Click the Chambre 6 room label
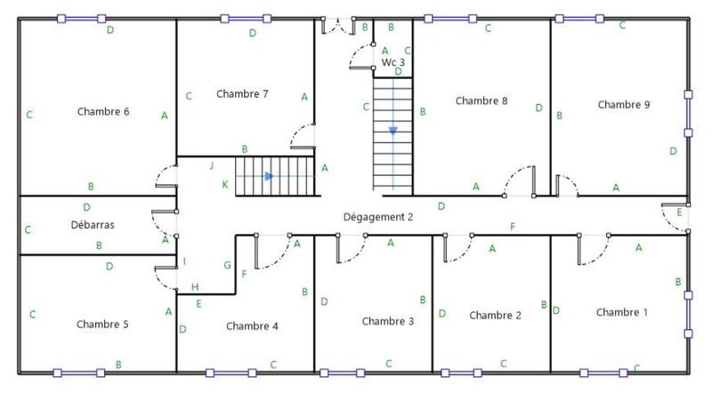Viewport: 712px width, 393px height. coord(103,112)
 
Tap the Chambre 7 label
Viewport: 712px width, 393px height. coord(242,94)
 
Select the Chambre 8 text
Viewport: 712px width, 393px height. coord(481,101)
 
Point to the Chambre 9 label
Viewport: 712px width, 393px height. coord(623,105)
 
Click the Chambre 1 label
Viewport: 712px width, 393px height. coord(622,313)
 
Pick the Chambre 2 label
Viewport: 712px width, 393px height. coord(495,316)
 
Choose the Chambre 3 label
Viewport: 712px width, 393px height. coord(387,321)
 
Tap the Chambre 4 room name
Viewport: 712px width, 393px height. coord(252,326)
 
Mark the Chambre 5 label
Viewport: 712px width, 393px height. coord(102,325)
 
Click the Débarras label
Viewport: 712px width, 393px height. coord(93,225)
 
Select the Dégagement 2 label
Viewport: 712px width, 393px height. coord(378,217)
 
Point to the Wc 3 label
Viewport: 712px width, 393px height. coord(393,63)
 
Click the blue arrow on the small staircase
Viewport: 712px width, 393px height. coord(269,176)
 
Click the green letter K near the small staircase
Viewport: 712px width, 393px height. coord(224,184)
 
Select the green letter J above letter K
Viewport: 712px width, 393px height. coord(212,166)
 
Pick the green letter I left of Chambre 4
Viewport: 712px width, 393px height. coord(184,261)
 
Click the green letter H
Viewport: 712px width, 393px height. coord(195,286)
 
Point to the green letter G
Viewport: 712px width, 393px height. coord(227,265)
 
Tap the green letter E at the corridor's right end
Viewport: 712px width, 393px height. coord(679,212)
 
